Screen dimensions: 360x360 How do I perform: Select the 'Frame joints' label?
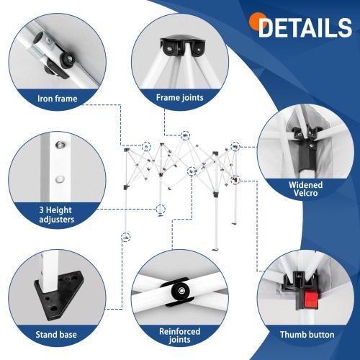pyautogui.click(x=180, y=96)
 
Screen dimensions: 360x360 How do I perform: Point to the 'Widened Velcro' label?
pyautogui.click(x=305, y=189)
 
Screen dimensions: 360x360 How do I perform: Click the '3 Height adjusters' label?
pyautogui.click(x=56, y=214)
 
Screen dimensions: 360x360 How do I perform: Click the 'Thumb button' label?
pyautogui.click(x=307, y=334)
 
